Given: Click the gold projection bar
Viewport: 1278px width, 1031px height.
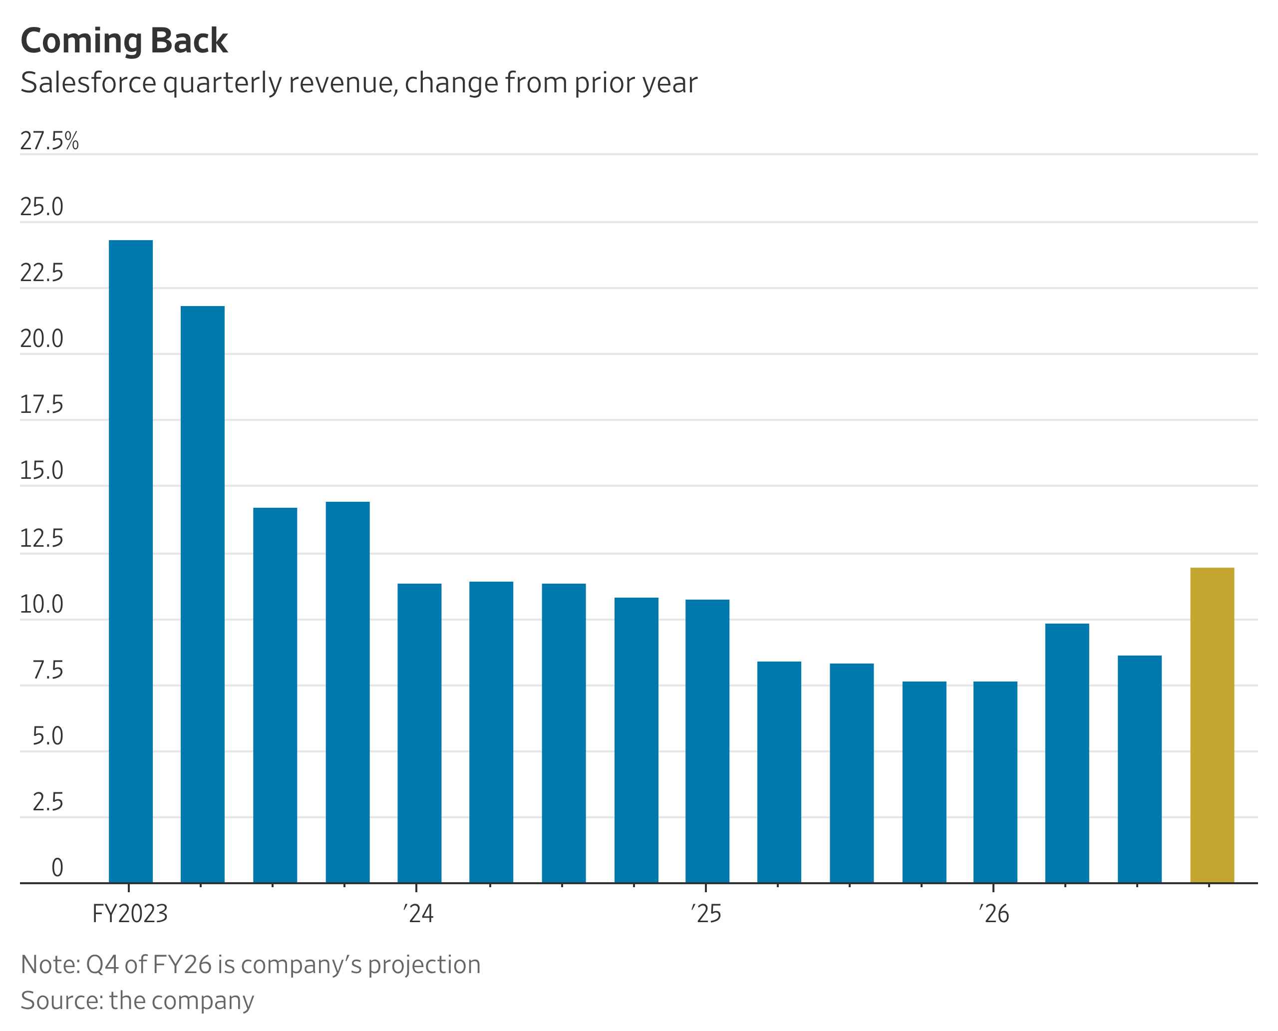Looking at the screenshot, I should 1212,724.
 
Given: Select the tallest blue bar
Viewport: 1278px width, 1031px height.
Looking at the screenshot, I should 131,561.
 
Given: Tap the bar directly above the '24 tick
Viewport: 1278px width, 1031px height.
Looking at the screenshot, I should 419,733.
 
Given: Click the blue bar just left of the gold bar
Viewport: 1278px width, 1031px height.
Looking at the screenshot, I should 1139,768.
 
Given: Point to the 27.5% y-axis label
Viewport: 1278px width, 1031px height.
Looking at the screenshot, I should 49,141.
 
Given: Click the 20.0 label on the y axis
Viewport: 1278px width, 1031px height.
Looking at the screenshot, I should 41,339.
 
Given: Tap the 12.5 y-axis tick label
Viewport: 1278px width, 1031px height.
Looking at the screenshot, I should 41,539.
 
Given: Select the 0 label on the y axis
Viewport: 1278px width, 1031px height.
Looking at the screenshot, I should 57,868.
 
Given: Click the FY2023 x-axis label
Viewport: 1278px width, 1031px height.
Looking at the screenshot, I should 130,913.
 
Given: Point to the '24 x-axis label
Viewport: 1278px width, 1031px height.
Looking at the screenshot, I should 418,913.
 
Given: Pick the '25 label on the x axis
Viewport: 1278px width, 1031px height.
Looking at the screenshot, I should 706,913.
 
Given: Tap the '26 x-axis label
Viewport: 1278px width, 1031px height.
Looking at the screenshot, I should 993,913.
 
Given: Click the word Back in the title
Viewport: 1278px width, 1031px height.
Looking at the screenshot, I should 189,41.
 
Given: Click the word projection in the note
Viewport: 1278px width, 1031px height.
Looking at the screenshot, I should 424,965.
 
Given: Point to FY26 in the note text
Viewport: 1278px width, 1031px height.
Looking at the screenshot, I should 182,965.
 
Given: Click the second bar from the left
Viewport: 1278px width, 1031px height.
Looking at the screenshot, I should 203,594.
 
